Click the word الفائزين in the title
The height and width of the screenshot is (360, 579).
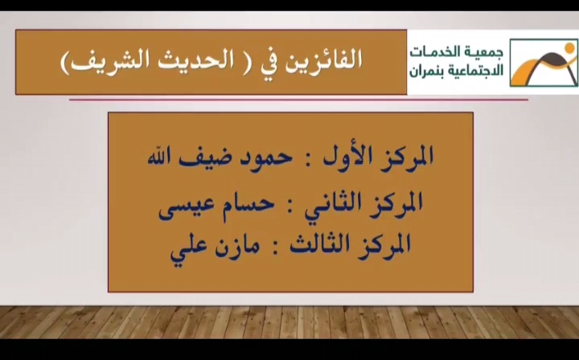(323, 59)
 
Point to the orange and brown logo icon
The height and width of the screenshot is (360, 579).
(544, 63)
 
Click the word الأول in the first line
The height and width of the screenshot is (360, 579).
(346, 157)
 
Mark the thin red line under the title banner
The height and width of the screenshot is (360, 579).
(298, 100)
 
